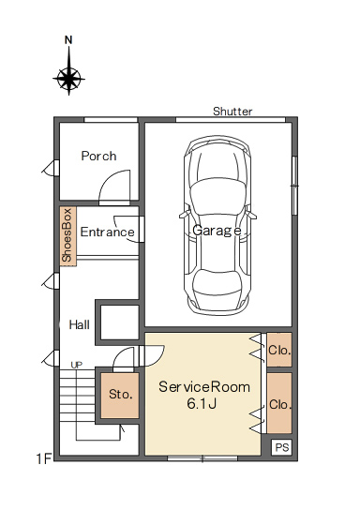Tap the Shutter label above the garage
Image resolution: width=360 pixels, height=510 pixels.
click(232, 112)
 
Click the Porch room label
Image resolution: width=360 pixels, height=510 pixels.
click(98, 157)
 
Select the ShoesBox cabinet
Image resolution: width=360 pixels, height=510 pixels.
click(68, 236)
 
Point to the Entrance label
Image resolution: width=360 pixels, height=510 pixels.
click(107, 232)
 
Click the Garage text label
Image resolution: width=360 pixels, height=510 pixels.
click(217, 231)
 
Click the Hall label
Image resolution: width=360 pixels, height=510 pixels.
click(80, 324)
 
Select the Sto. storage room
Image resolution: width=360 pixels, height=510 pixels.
click(120, 396)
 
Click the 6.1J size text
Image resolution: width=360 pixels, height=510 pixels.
click(202, 404)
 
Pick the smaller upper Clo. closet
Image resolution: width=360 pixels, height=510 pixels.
click(279, 350)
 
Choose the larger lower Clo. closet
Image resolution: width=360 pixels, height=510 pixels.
click(279, 403)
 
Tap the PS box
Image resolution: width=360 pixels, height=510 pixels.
click(281, 447)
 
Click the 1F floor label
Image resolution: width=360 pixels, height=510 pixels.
click(44, 459)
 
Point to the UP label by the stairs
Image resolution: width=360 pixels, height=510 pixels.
click(77, 366)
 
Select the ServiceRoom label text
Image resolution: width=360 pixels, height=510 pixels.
click(204, 387)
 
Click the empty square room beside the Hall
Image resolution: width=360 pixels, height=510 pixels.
click(120, 322)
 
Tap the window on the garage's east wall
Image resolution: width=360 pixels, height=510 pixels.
click(294, 186)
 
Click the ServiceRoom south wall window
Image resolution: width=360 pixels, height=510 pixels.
click(202, 458)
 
